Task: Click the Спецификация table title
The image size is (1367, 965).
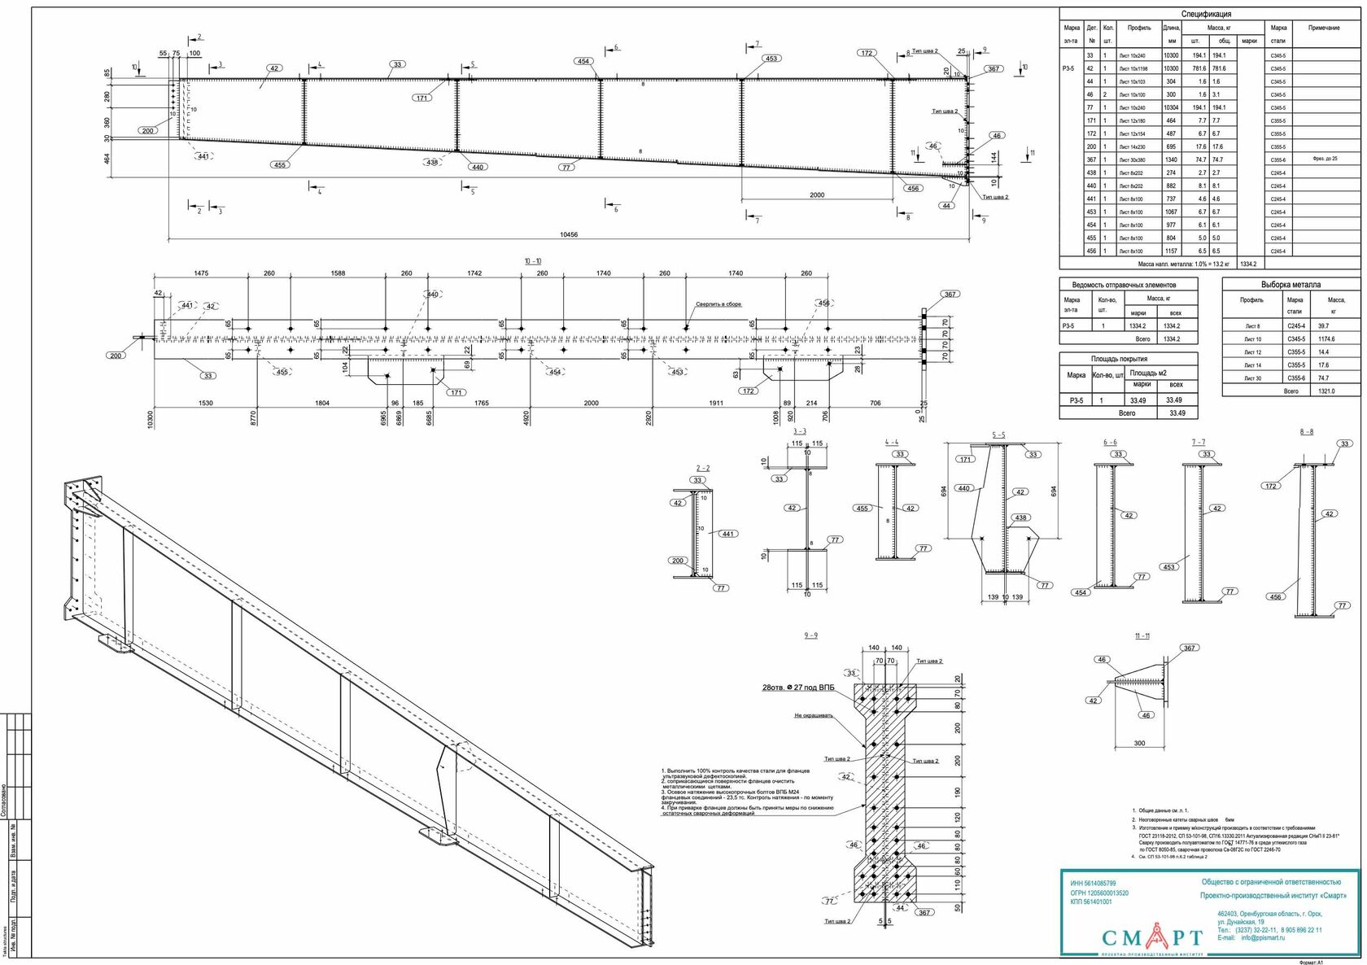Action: [x=1206, y=14]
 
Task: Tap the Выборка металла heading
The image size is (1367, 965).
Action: [x=1291, y=285]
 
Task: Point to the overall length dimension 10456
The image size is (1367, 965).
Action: [x=569, y=234]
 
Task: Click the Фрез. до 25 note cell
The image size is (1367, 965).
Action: [x=1325, y=159]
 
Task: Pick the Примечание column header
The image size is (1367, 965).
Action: [x=1323, y=28]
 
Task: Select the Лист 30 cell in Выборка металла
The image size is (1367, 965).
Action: [x=1252, y=378]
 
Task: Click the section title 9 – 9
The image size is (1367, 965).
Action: [x=810, y=635]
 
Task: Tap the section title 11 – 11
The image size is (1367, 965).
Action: [x=1142, y=635]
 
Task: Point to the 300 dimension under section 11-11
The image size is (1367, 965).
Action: [x=1139, y=743]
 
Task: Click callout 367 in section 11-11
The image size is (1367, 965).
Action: [x=1190, y=648]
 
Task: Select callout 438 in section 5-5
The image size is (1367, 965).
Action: [x=1020, y=517]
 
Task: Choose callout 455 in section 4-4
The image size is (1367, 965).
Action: [x=863, y=509]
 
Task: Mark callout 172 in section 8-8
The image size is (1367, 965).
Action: [x=1271, y=486]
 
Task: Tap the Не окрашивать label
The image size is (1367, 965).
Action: [x=814, y=716]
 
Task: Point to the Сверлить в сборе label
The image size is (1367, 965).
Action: [x=718, y=304]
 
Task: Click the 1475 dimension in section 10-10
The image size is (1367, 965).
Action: [x=201, y=273]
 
